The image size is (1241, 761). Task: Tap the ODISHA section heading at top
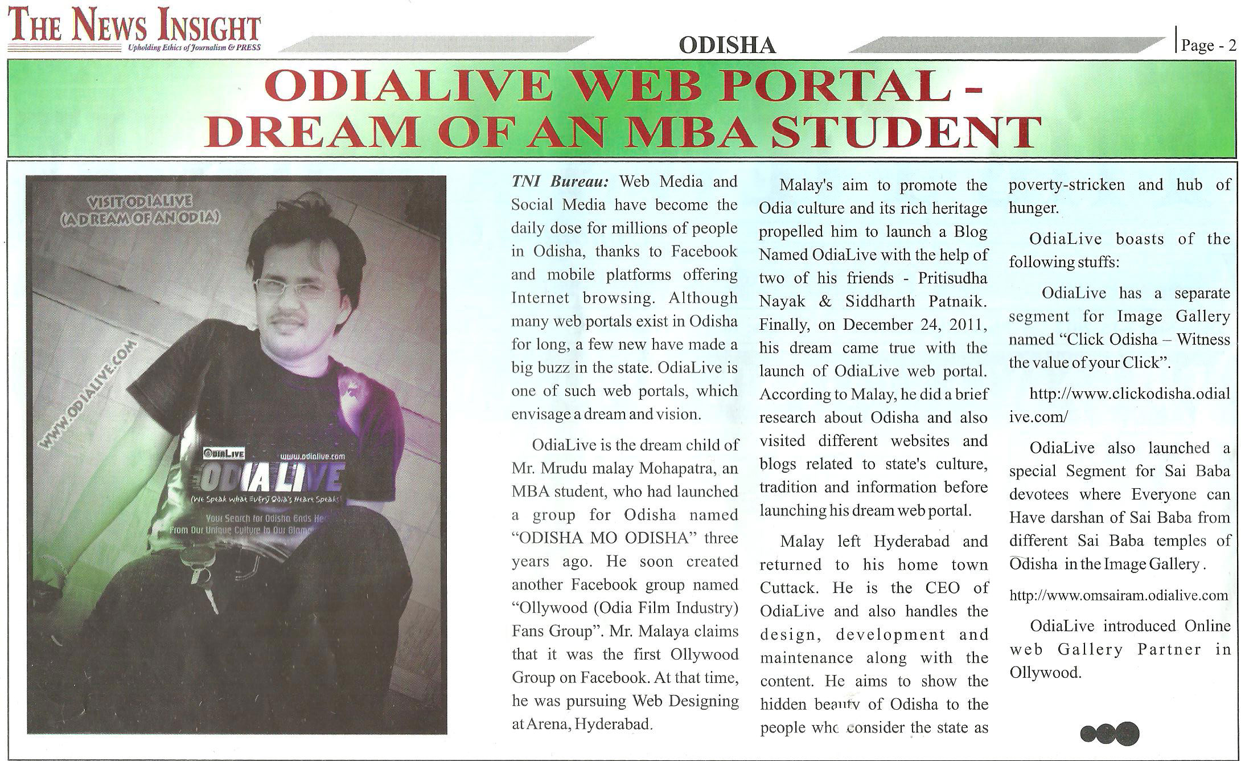pyautogui.click(x=727, y=45)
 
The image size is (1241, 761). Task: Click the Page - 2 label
pyautogui.click(x=1209, y=46)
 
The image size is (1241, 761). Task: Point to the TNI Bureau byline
pyautogui.click(x=560, y=182)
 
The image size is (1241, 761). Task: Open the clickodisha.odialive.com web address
pyautogui.click(x=1119, y=405)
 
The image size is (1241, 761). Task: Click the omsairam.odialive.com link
pyautogui.click(x=1119, y=596)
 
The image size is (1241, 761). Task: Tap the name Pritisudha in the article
pyautogui.click(x=953, y=278)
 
